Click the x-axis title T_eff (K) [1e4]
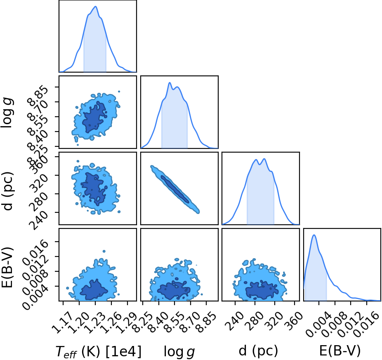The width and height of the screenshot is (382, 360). tap(99, 351)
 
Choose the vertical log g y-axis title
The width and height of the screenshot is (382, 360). tap(8, 112)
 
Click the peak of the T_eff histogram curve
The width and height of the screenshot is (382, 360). tap(96, 6)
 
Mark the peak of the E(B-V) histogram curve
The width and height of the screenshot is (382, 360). tap(314, 235)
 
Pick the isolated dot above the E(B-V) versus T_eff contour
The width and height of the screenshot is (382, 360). tap(104, 251)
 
